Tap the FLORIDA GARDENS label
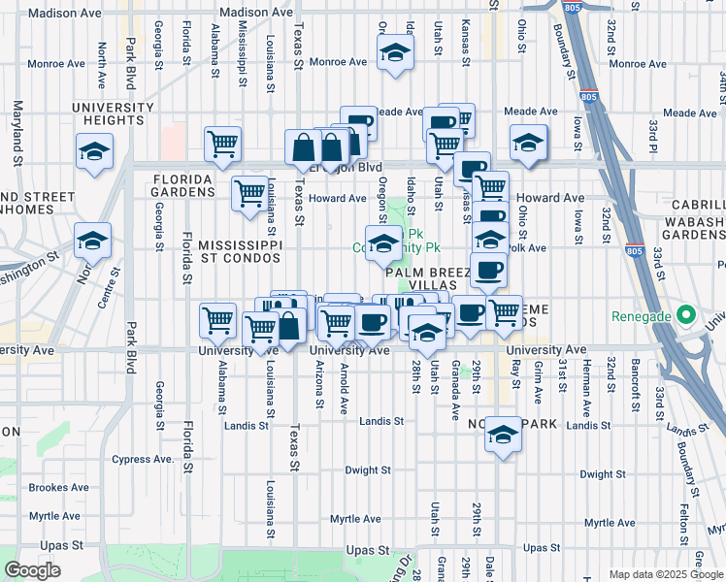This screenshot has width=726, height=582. tap(182, 185)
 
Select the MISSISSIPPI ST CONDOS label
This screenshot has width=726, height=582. tap(240, 252)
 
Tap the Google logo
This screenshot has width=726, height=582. tap(32, 570)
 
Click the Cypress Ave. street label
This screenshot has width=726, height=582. tap(142, 459)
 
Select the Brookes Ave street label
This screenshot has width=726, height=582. tap(59, 488)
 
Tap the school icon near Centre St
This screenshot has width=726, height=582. tap(93, 242)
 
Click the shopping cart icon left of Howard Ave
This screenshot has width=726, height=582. tap(250, 192)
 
